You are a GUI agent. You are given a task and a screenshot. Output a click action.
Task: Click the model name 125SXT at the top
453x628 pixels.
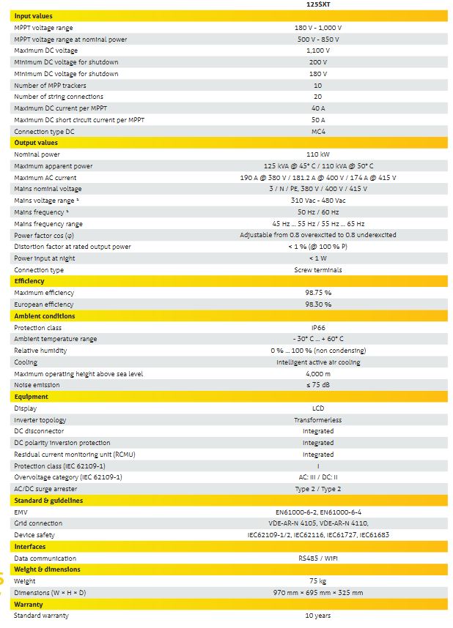(317, 4)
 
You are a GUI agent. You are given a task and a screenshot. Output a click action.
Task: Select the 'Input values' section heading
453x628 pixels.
(33, 15)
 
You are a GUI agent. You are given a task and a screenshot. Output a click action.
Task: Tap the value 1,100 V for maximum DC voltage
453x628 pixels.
(317, 51)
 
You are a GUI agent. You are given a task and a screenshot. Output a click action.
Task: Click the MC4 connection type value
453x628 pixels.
(317, 131)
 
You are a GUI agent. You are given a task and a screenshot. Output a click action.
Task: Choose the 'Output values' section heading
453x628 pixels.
(36, 143)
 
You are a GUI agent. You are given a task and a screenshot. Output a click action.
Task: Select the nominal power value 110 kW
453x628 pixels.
(317, 154)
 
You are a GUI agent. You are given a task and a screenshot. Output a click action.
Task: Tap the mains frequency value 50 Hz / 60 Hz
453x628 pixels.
(317, 212)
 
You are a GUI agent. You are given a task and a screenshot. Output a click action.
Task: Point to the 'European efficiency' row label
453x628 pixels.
(44, 304)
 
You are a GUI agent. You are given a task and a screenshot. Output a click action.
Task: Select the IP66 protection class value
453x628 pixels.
(317, 328)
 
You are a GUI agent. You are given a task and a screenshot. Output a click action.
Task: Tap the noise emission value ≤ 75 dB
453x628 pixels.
(317, 385)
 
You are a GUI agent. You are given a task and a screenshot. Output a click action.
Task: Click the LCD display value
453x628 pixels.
(317, 408)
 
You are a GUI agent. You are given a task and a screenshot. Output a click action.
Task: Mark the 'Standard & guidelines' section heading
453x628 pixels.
(48, 501)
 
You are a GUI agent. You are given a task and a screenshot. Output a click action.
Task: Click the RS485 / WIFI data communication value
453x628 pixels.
(317, 558)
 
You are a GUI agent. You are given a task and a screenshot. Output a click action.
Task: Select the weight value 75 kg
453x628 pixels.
(317, 581)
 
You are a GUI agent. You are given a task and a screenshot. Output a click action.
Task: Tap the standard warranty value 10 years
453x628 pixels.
(317, 616)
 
